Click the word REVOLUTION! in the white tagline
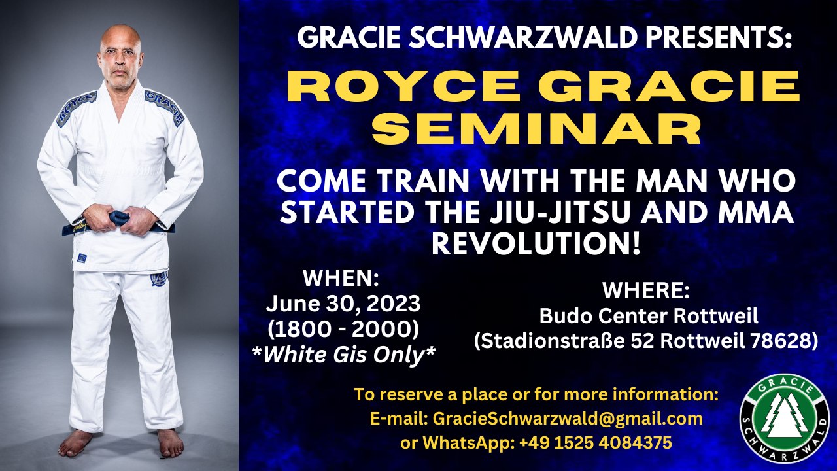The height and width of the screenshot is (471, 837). [535, 243]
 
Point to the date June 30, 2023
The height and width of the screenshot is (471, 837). [343, 304]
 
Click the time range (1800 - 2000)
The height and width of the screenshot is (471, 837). [343, 328]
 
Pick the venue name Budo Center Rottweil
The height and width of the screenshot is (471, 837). [648, 316]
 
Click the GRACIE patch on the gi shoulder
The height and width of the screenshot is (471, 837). [164, 107]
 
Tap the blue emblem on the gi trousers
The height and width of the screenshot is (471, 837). [159, 279]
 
